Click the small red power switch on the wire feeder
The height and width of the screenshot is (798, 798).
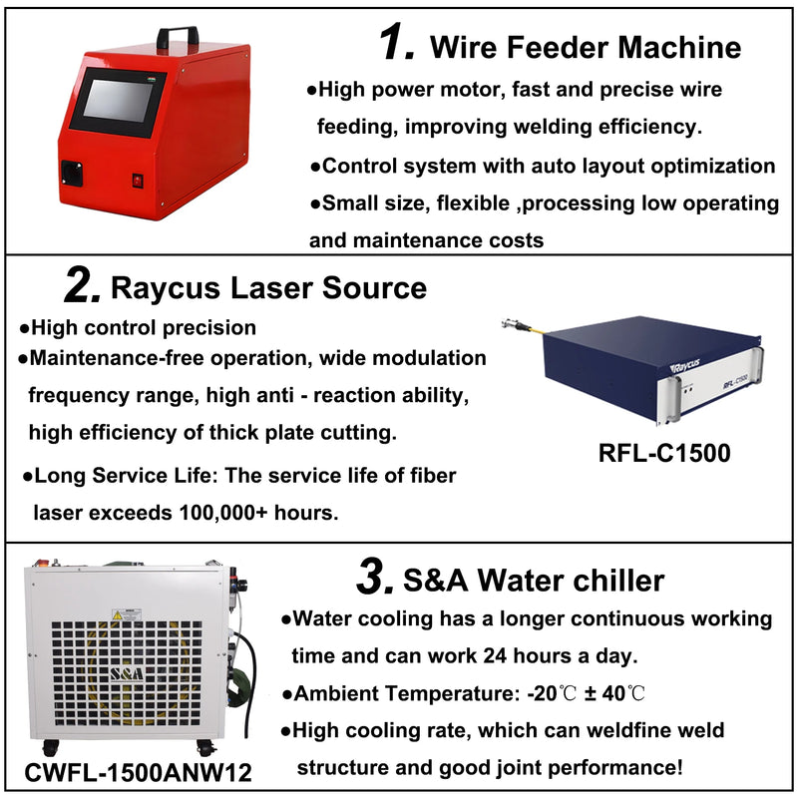click(138, 181)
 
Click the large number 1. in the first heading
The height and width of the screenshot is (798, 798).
click(396, 44)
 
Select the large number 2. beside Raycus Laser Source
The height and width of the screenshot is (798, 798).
click(81, 287)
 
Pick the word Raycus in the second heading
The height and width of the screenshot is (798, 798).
click(168, 288)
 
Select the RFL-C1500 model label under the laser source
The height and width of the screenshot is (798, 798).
click(664, 452)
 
